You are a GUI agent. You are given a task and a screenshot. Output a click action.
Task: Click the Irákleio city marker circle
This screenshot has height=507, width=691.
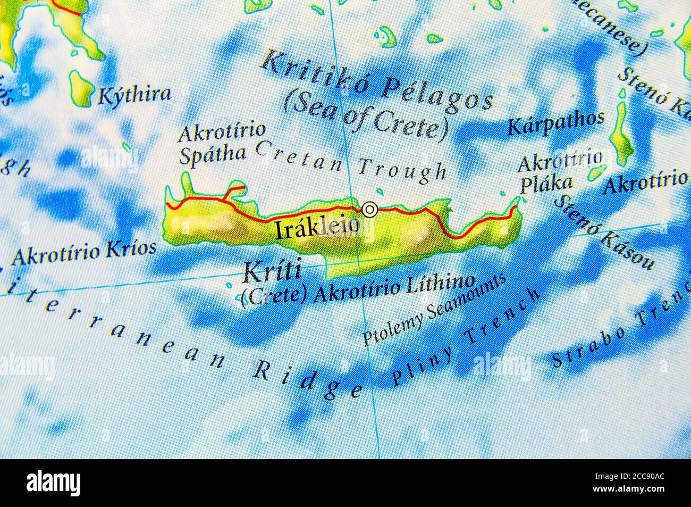(x=369, y=210)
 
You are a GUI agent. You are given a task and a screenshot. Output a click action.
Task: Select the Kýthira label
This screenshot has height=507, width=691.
(x=134, y=95)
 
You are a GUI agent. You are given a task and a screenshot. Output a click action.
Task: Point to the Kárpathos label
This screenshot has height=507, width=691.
(x=556, y=124)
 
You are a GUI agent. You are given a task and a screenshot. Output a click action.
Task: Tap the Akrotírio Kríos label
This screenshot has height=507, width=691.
(x=84, y=252)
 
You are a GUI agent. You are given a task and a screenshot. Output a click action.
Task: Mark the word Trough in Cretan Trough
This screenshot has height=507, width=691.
(x=402, y=169)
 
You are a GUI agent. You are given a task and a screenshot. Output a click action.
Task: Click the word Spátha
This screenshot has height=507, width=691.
(x=212, y=154)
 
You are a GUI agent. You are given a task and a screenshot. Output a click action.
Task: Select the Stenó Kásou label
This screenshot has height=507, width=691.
(x=604, y=232)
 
